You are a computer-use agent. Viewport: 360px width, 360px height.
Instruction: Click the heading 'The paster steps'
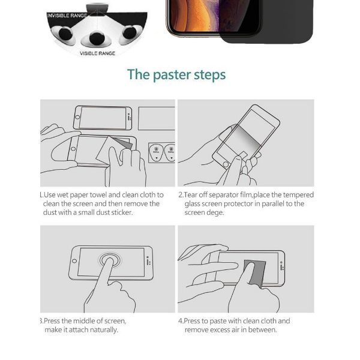(x=176, y=75)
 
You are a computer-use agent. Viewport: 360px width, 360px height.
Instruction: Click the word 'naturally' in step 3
(x=102, y=330)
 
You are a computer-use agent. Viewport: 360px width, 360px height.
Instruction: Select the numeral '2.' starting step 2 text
(x=181, y=195)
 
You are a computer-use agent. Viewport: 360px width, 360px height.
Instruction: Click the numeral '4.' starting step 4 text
(x=181, y=321)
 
